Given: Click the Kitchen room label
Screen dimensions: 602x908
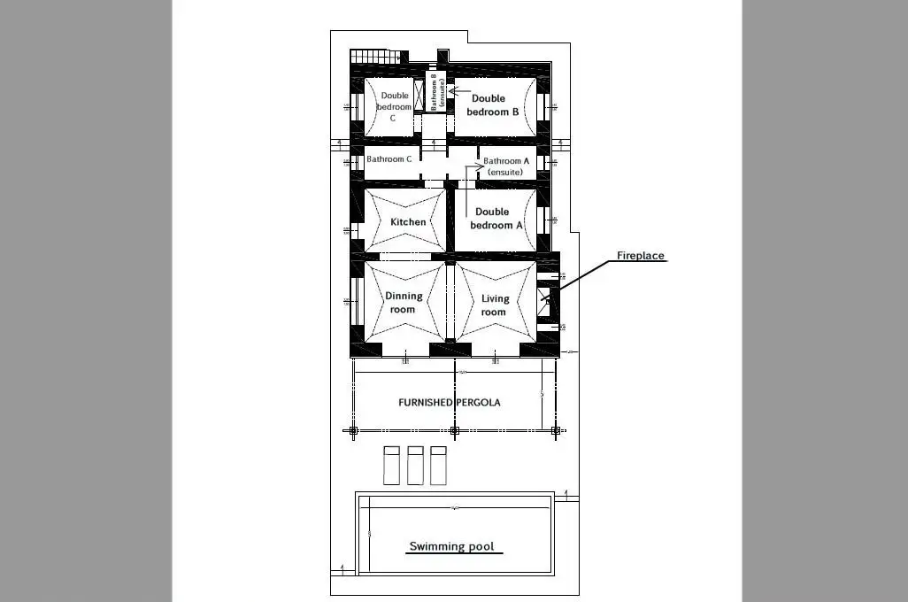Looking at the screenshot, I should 408,221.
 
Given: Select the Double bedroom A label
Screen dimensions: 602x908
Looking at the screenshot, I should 492,219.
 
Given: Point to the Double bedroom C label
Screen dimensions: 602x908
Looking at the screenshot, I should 394,107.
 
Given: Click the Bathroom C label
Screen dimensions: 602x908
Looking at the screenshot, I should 389,159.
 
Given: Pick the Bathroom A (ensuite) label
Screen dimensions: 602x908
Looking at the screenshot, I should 506,166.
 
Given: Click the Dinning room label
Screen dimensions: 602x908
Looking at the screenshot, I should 403,303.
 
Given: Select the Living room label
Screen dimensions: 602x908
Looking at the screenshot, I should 494,305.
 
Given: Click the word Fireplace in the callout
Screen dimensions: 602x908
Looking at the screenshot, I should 640,256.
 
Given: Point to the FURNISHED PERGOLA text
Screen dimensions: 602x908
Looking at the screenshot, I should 449,402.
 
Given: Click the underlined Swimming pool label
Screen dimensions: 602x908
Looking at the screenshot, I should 451,546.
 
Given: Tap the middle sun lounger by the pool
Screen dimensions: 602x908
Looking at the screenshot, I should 415,465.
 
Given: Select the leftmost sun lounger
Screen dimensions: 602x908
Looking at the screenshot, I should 392,465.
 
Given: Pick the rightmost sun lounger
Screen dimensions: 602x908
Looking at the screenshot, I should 438,465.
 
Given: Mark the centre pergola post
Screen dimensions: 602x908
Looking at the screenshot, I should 455,431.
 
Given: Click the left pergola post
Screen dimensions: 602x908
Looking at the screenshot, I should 353,431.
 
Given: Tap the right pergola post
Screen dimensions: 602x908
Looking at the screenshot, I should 556,431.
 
